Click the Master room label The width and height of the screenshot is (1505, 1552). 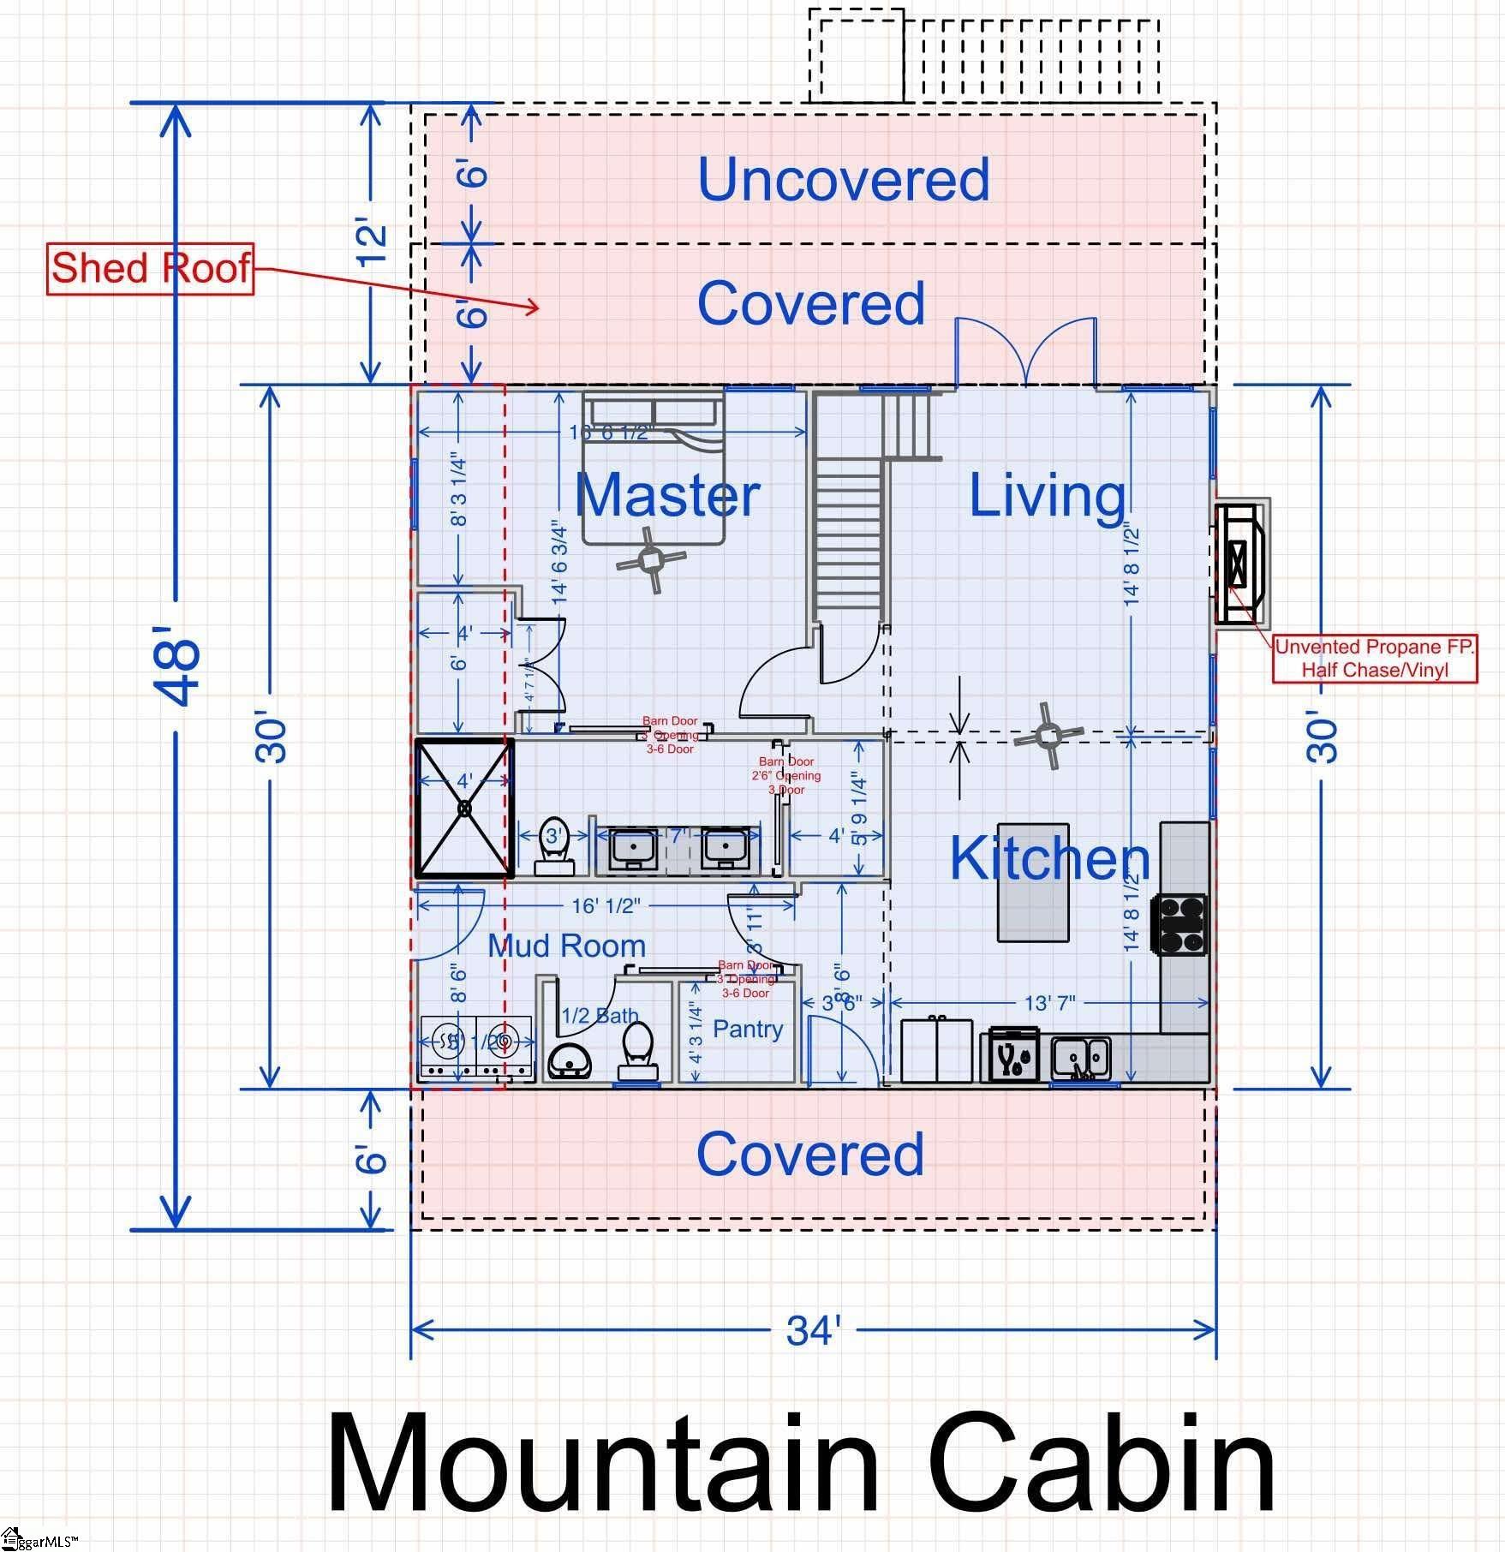pyautogui.click(x=667, y=495)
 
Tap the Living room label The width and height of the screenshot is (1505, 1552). pyautogui.click(x=1047, y=495)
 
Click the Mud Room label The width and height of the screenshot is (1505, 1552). pyautogui.click(x=566, y=946)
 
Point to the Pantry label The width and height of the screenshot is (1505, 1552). pyautogui.click(x=748, y=1029)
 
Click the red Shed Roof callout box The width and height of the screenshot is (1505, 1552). pyautogui.click(x=150, y=268)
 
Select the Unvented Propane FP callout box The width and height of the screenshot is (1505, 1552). pyautogui.click(x=1375, y=659)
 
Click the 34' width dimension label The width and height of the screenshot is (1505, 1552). pyautogui.click(x=813, y=1331)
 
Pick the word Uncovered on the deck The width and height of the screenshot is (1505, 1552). pyautogui.click(x=844, y=179)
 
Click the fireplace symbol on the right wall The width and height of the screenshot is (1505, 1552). pyautogui.click(x=1239, y=562)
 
